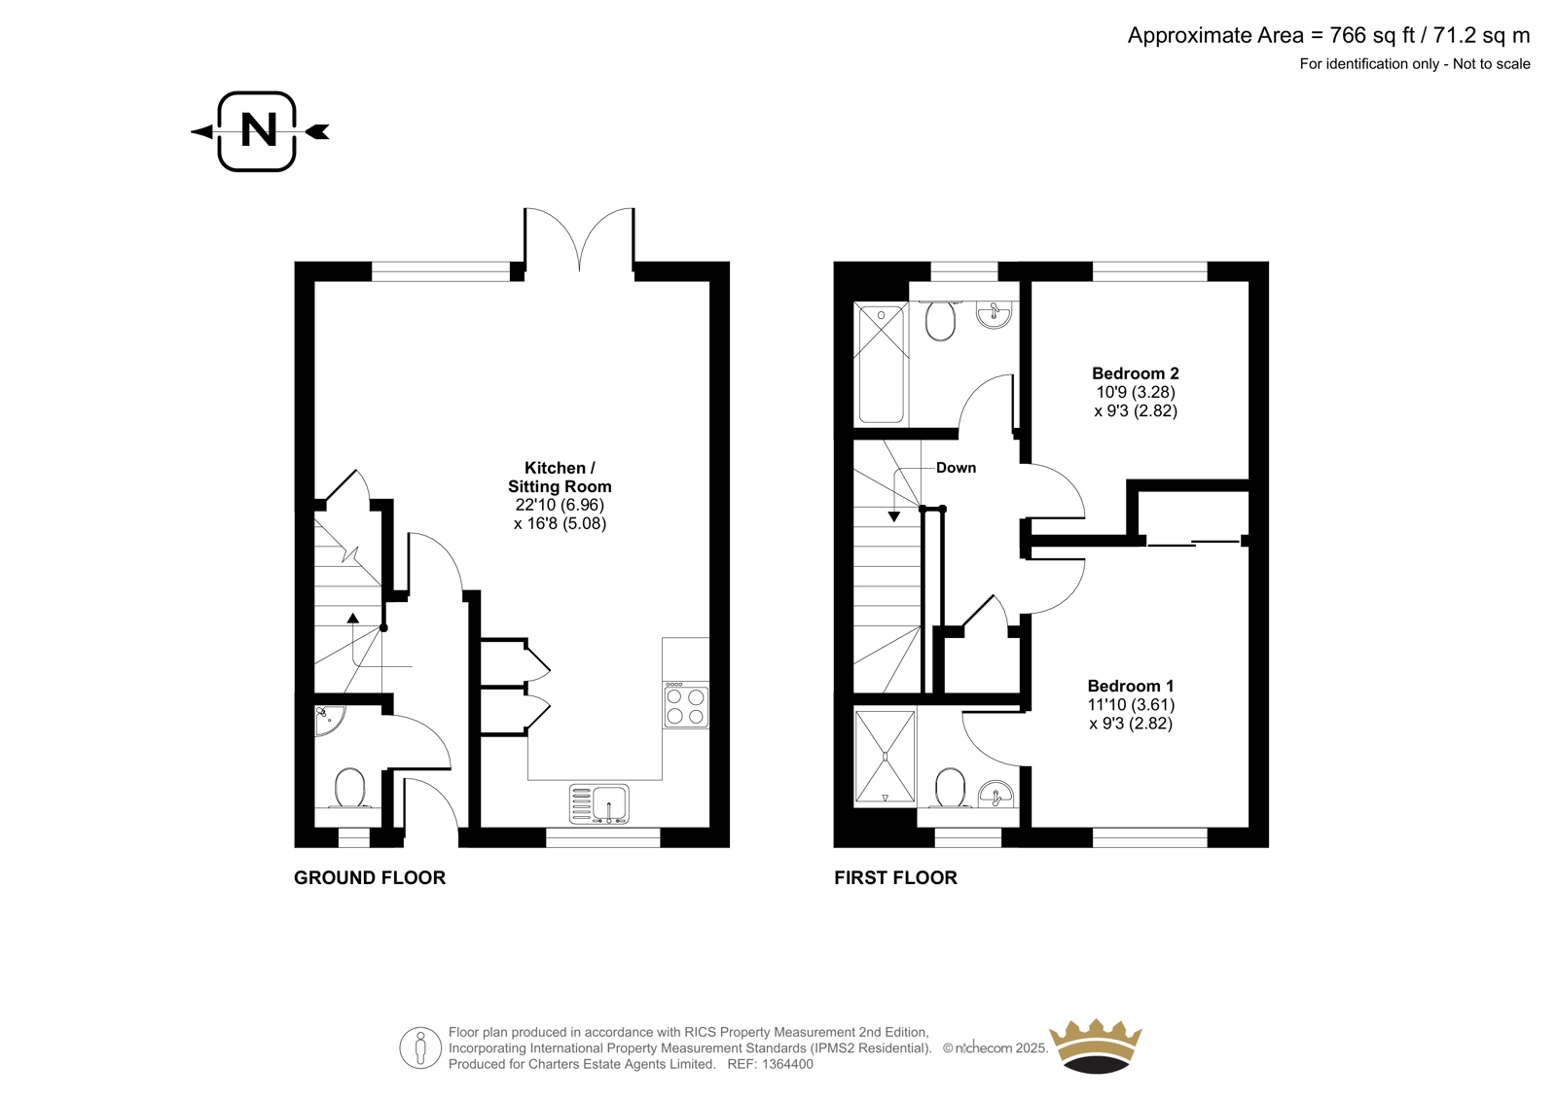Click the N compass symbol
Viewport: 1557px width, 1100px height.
pos(258,131)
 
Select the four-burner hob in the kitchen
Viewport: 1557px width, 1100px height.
pos(685,705)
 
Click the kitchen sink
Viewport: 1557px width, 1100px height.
pos(599,804)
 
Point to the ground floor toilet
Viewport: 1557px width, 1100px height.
pos(349,788)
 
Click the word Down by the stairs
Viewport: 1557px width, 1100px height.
pos(956,468)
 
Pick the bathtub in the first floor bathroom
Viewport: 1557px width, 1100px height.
pos(881,364)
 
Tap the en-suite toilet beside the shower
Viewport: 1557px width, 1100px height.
pos(950,788)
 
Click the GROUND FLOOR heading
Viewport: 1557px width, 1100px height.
pos(370,877)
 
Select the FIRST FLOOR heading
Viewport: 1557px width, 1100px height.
pos(896,877)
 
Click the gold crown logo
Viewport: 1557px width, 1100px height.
pos(1096,1046)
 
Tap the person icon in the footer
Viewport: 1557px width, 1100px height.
pos(420,1047)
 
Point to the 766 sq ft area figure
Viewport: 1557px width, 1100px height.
pos(1373,35)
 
